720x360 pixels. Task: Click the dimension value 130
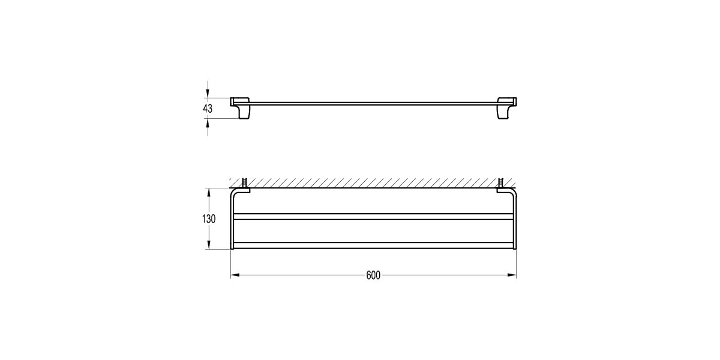208,219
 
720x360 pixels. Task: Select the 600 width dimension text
373,275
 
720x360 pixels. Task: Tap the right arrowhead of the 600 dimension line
512,275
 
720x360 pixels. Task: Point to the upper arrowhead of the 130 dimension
208,193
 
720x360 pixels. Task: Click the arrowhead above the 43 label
208,94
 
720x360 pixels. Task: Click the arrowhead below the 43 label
208,122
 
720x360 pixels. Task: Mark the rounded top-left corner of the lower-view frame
233,192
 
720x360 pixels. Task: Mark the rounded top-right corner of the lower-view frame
513,192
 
